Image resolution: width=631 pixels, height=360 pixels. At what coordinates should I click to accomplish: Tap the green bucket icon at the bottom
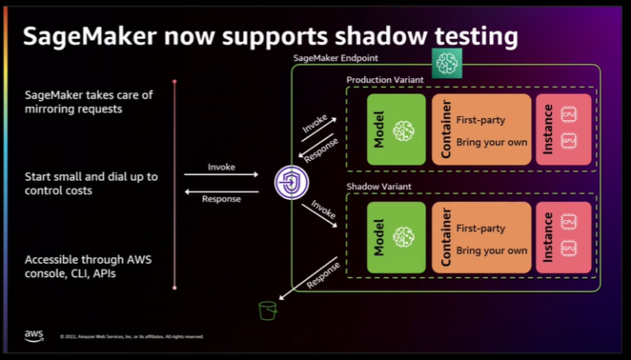click(266, 310)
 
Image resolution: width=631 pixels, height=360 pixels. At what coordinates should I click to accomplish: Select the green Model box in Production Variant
click(396, 129)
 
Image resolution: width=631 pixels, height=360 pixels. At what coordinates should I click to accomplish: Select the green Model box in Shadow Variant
click(396, 237)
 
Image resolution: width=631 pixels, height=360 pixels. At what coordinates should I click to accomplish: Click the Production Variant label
click(384, 80)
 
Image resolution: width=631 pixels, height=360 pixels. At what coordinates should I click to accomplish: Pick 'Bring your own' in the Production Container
click(491, 142)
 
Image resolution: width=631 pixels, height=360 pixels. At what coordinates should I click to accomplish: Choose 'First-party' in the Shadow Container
click(480, 228)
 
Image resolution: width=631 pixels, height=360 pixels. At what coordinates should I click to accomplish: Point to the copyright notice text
click(131, 336)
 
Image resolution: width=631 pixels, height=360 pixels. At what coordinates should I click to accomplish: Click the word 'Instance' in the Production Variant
click(548, 129)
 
